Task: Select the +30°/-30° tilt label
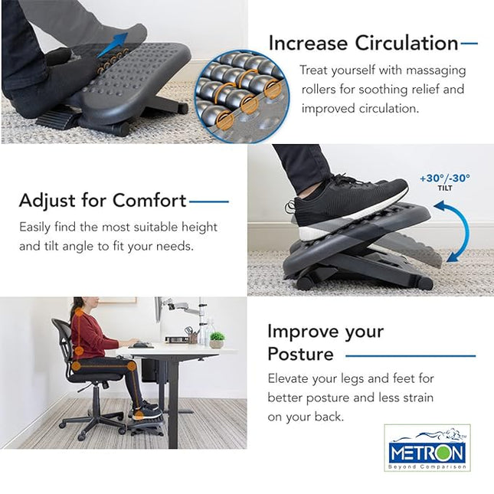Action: click(444, 180)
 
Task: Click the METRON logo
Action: click(427, 448)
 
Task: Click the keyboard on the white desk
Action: click(141, 345)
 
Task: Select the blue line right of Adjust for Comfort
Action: click(209, 202)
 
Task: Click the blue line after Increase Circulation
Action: click(469, 44)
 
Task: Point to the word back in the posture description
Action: click(328, 417)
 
